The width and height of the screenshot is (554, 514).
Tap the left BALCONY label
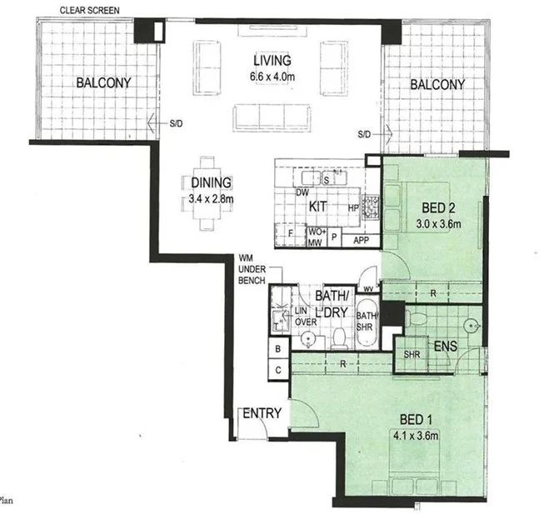[103, 82]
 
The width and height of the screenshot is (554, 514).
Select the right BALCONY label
[436, 84]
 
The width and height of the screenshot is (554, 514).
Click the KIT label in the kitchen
[318, 204]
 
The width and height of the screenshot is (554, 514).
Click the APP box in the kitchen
[361, 238]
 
